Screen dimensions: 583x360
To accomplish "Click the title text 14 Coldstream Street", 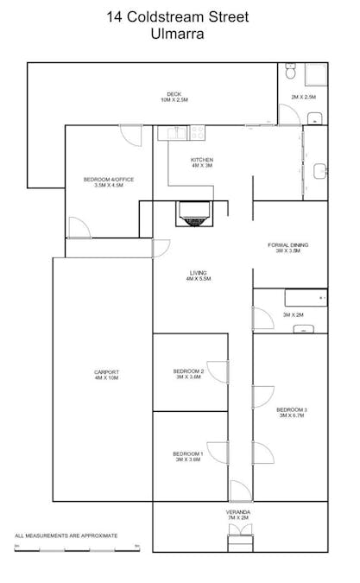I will click(180, 16).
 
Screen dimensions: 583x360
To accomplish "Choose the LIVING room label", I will click(198, 276).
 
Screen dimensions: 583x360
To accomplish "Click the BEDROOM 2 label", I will click(187, 373).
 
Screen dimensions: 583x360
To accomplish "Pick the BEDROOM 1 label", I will click(187, 456).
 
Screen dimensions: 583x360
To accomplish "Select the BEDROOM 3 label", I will click(293, 412).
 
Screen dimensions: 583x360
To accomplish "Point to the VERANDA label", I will click(238, 515).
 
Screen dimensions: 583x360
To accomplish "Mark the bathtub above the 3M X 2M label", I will click(306, 297).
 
